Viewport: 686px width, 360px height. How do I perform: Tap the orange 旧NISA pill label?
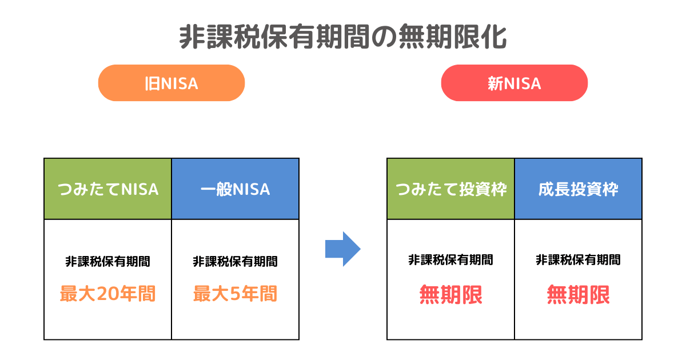point(171,83)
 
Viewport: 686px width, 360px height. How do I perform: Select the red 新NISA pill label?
point(514,83)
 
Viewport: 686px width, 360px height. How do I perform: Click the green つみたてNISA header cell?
point(108,189)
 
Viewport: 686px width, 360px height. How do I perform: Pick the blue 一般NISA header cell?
point(235,189)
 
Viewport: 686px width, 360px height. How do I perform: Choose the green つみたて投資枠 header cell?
point(451,189)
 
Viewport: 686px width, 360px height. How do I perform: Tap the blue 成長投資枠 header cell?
point(578,189)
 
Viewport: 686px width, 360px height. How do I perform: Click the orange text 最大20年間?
point(108,294)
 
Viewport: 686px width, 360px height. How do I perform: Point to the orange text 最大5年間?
point(235,294)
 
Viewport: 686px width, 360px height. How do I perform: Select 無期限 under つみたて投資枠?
point(451,295)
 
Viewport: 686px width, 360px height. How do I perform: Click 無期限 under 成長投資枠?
point(578,295)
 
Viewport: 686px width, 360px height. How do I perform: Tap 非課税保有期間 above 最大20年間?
point(108,262)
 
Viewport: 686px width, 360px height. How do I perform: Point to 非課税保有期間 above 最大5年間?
point(235,262)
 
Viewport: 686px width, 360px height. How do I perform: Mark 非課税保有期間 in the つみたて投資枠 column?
point(451,260)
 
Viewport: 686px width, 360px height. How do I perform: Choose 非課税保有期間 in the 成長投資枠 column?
point(578,260)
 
